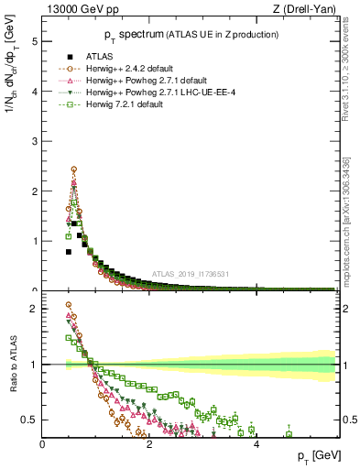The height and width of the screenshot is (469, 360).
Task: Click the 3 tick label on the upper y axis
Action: (34, 141)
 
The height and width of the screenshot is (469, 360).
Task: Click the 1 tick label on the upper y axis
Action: (34, 241)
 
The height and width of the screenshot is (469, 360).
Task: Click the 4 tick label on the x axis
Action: (256, 443)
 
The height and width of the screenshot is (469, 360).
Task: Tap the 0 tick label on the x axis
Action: (43, 443)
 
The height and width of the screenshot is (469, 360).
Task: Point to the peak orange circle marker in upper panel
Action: (73, 169)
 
